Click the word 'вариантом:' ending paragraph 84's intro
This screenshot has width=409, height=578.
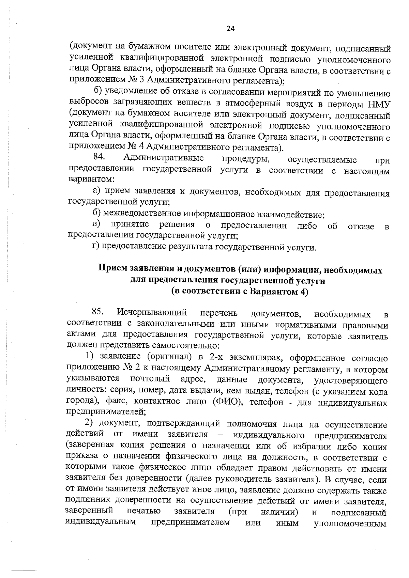(91, 179)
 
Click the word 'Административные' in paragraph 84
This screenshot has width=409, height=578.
(164, 158)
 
